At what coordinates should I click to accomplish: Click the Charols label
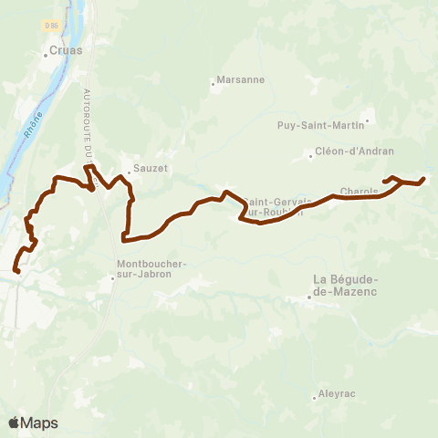(358, 191)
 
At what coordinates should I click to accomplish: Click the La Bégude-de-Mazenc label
(345, 285)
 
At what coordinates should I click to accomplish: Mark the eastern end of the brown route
(424, 179)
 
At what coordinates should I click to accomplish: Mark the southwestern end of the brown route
(17, 270)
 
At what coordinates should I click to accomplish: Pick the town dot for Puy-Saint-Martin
(367, 119)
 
